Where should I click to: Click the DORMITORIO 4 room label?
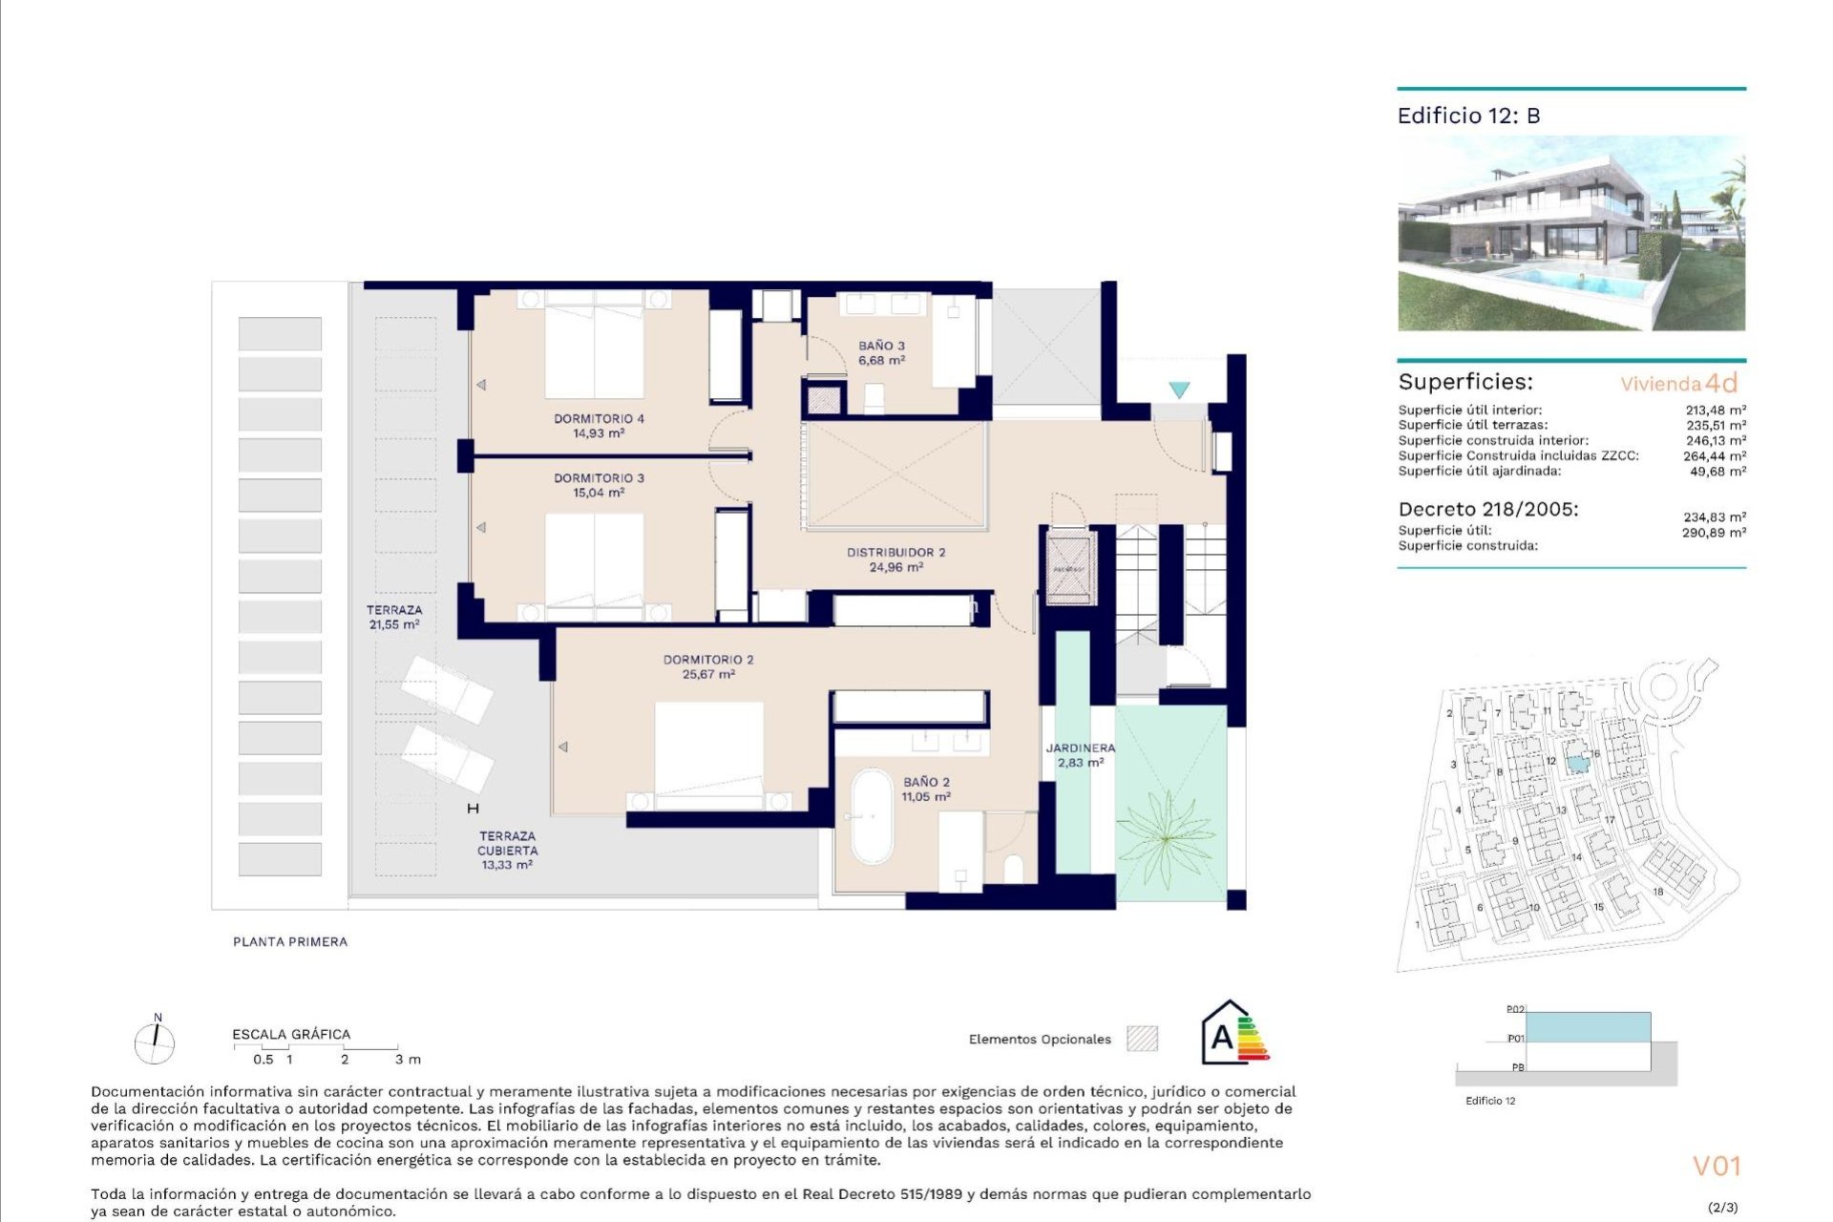pyautogui.click(x=599, y=418)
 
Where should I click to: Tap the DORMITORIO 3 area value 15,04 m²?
pyautogui.click(x=599, y=494)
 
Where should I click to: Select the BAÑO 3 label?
pyautogui.click(x=881, y=346)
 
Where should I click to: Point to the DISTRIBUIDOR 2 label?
pyautogui.click(x=895, y=552)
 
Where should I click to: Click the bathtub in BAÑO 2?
pyautogui.click(x=872, y=816)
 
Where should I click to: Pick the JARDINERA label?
pyautogui.click(x=1080, y=748)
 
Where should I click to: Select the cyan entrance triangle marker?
pyautogui.click(x=1179, y=390)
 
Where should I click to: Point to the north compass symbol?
pyautogui.click(x=155, y=1042)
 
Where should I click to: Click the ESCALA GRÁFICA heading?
pyautogui.click(x=291, y=1034)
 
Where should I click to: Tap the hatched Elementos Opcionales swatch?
pyautogui.click(x=1142, y=1039)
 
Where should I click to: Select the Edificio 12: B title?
pyautogui.click(x=1468, y=116)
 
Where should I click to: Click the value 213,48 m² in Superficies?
pyautogui.click(x=1715, y=411)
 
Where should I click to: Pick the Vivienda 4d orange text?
pyautogui.click(x=1678, y=384)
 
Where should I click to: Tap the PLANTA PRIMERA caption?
pyautogui.click(x=290, y=941)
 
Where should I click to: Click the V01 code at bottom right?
pyautogui.click(x=1717, y=1166)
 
